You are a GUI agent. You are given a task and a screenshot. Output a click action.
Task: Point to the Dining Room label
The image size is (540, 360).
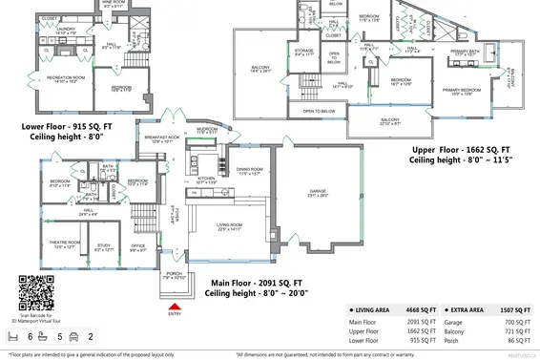(251, 172)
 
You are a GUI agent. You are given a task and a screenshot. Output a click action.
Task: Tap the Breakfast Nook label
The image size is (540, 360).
(160, 138)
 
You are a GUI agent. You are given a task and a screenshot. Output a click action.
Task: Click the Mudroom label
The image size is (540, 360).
(207, 129)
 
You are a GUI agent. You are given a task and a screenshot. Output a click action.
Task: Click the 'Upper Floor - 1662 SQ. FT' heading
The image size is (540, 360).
(460, 150)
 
